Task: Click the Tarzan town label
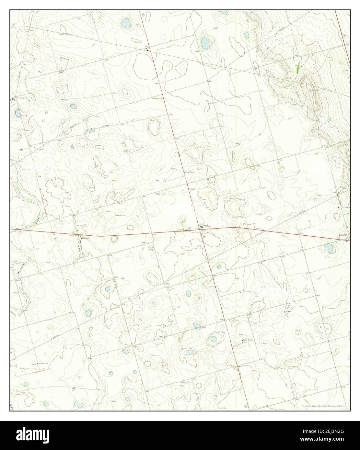tap(85, 238)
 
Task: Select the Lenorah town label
tap(343, 235)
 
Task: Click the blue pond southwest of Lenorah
tap(328, 249)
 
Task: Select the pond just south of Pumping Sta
tap(17, 113)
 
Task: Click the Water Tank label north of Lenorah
tap(343, 187)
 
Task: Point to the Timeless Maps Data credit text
tap(324, 406)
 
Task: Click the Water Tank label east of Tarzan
tap(121, 215)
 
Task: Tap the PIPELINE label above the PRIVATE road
tap(74, 124)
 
